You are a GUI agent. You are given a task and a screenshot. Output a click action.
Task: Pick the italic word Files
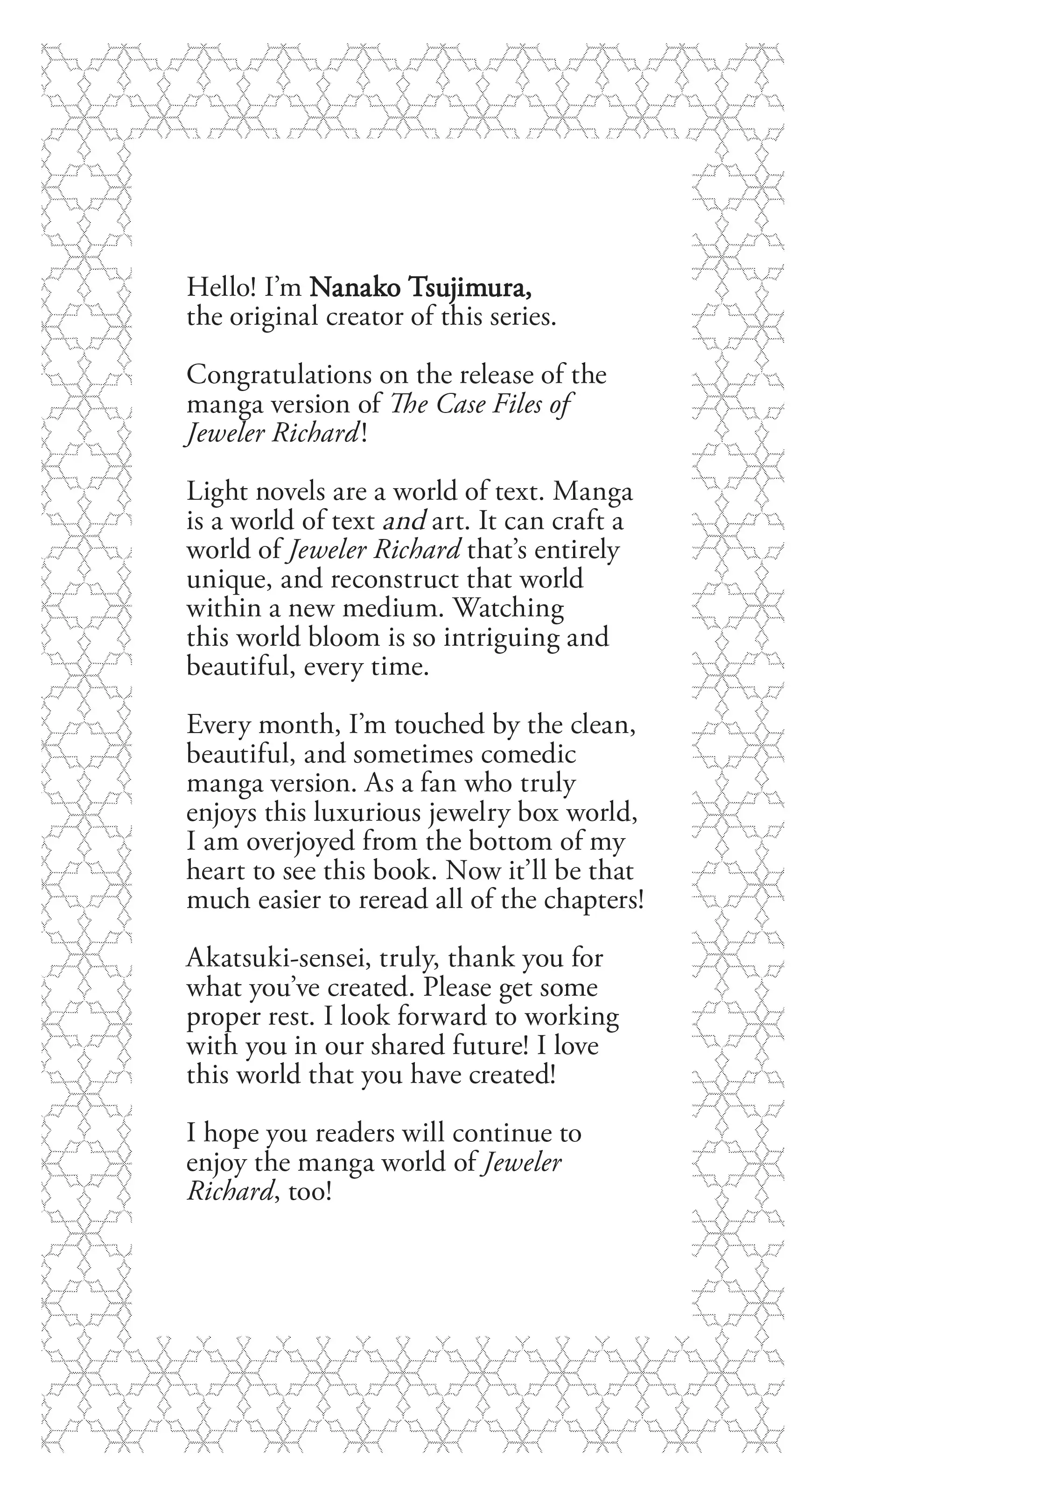click(516, 404)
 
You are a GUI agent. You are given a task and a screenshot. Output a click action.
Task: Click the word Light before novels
click(216, 491)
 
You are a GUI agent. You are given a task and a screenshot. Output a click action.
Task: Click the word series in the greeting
click(523, 317)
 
